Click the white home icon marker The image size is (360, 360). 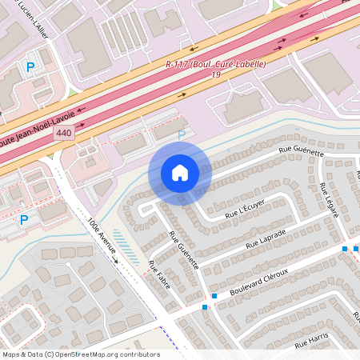pos(180,172)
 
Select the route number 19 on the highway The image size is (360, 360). pos(216,74)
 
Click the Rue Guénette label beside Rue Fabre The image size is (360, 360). pos(183,250)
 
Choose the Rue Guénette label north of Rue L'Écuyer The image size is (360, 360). pos(302,151)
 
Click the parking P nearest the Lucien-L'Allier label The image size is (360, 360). pos(30,67)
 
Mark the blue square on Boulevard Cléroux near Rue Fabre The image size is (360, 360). pos(205,306)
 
